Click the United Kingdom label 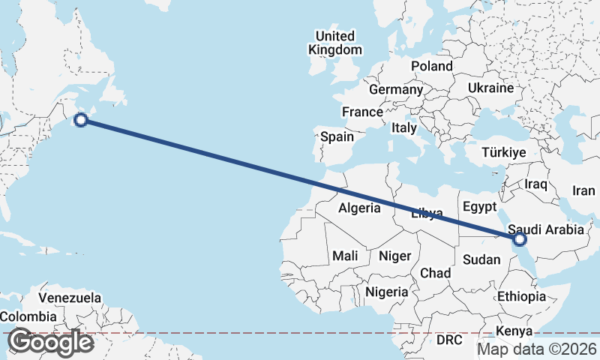click(334, 43)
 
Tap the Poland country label click(432, 66)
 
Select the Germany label click(396, 89)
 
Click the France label click(362, 112)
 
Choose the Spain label click(337, 137)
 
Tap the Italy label click(403, 128)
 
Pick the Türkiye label click(504, 152)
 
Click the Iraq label click(537, 183)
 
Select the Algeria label click(359, 208)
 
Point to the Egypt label click(480, 206)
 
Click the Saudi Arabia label click(545, 229)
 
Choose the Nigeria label click(387, 292)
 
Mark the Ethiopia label click(521, 296)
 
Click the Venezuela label click(70, 298)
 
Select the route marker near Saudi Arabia click(519, 239)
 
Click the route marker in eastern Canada click(82, 119)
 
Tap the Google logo click(50, 342)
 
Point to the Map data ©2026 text click(537, 349)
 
